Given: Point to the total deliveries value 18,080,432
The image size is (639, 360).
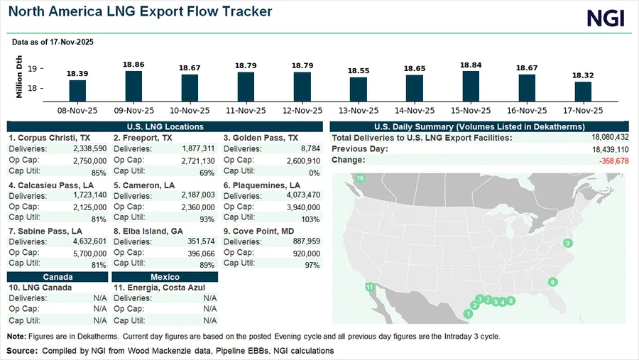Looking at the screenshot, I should [604, 137].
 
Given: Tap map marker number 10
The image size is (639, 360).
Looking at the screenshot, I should [360, 178].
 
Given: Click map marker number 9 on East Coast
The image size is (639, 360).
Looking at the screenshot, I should [567, 244].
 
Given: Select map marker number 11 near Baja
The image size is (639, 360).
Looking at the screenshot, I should [369, 287].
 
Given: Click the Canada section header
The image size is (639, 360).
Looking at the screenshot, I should [58, 277].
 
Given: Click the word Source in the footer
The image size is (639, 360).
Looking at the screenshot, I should [22, 351].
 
